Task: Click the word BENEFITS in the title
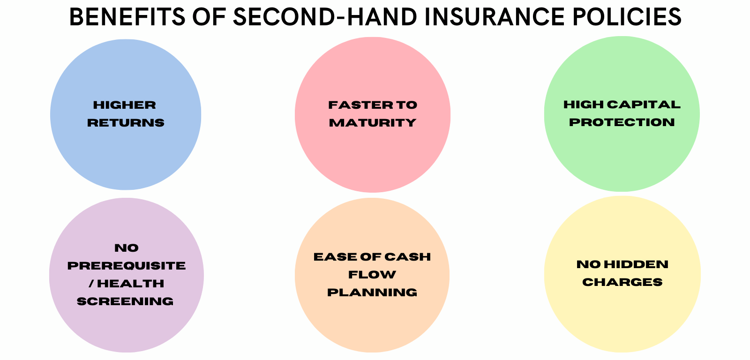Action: (127, 17)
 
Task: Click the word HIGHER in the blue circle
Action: (125, 105)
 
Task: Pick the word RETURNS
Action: (126, 123)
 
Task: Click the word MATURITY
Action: (373, 123)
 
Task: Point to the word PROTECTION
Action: (622, 122)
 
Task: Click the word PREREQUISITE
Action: (127, 266)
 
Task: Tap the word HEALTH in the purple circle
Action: (131, 284)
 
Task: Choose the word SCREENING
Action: (125, 301)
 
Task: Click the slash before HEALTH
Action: (91, 284)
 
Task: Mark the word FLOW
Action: (372, 275)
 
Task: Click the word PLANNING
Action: (372, 292)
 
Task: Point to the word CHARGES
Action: (622, 282)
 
